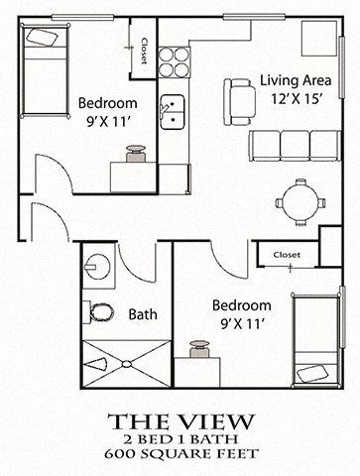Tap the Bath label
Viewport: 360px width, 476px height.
click(x=143, y=314)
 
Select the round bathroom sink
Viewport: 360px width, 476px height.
click(x=98, y=266)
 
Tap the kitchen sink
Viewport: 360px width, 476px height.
click(x=175, y=110)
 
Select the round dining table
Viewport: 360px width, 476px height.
click(x=300, y=200)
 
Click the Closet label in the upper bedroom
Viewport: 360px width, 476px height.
click(x=144, y=49)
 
